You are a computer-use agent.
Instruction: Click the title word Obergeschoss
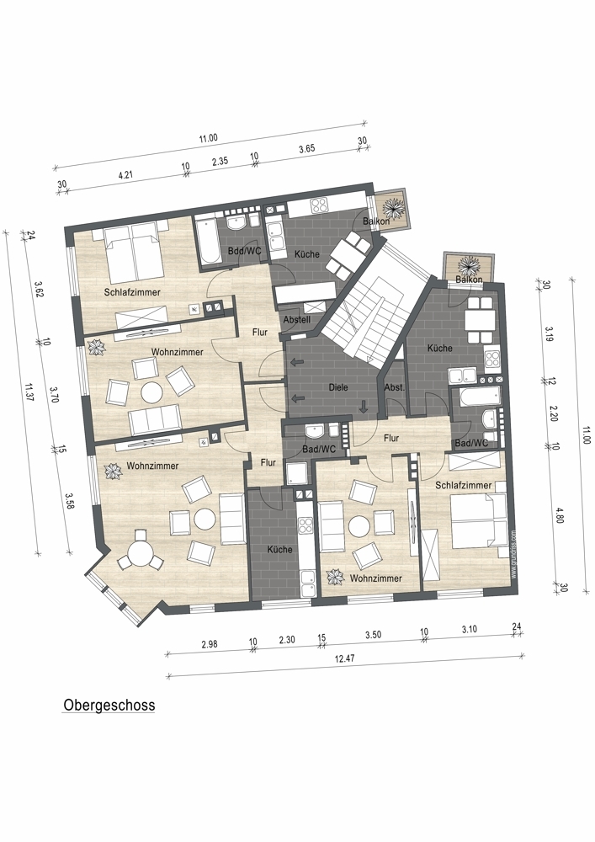(109, 705)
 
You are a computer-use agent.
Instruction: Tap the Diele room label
(338, 387)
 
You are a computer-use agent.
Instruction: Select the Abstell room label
(297, 319)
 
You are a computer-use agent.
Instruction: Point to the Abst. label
(395, 387)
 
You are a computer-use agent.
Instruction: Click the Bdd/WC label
(244, 251)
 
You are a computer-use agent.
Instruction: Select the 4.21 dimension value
(125, 174)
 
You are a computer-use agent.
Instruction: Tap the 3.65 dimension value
(307, 149)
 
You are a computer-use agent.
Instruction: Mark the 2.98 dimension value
(210, 644)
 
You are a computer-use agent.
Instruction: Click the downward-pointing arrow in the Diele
(364, 407)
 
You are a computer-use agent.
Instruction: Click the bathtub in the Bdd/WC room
(208, 242)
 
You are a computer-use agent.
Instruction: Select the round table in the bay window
(140, 553)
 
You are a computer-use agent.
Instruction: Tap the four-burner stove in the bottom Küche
(305, 524)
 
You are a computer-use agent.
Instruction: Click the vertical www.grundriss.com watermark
(513, 554)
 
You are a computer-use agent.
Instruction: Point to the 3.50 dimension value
(373, 635)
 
